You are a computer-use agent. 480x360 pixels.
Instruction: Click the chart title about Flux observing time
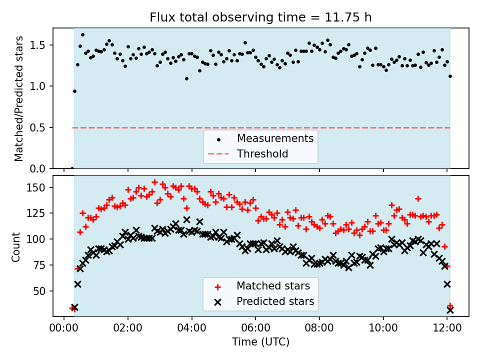pyautogui.click(x=260, y=17)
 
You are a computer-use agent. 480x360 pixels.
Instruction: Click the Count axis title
pyautogui.click(x=16, y=246)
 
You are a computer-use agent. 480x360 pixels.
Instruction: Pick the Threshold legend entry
pyautogui.click(x=262, y=153)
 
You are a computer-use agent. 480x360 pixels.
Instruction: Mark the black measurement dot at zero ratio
pyautogui.click(x=72, y=168)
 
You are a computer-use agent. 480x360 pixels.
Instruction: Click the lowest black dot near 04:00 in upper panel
pyautogui.click(x=186, y=78)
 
